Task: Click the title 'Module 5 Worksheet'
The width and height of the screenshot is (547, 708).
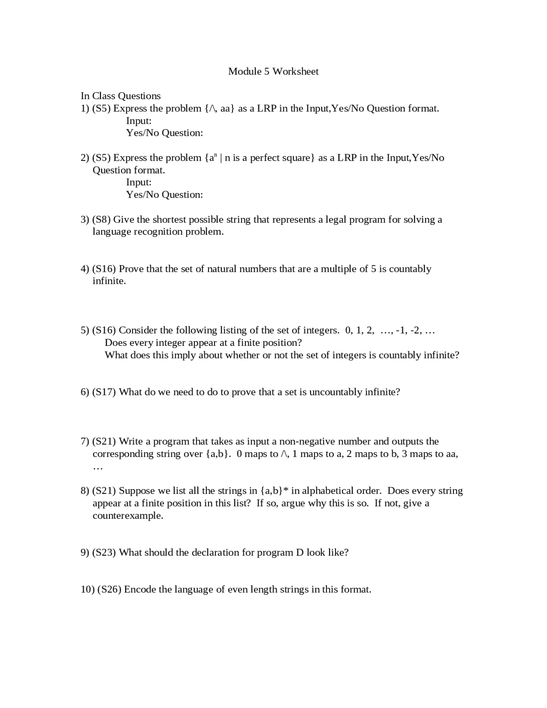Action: [273, 71]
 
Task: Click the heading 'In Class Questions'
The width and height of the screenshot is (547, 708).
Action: [121, 96]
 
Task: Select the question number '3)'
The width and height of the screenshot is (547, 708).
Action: [85, 220]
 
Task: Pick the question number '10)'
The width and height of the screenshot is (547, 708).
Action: [87, 590]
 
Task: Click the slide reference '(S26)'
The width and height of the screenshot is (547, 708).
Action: [109, 590]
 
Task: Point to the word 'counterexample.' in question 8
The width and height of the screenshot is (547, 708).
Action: [128, 516]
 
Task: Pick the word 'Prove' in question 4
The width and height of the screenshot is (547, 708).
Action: [131, 269]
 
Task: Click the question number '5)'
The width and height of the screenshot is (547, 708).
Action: [85, 330]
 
